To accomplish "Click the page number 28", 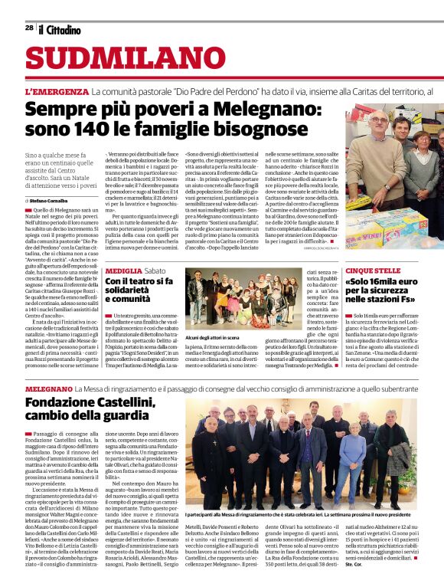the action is pos(29,28).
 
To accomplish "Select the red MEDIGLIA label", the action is pos(123,271).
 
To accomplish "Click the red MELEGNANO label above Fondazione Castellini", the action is pos(48,389).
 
